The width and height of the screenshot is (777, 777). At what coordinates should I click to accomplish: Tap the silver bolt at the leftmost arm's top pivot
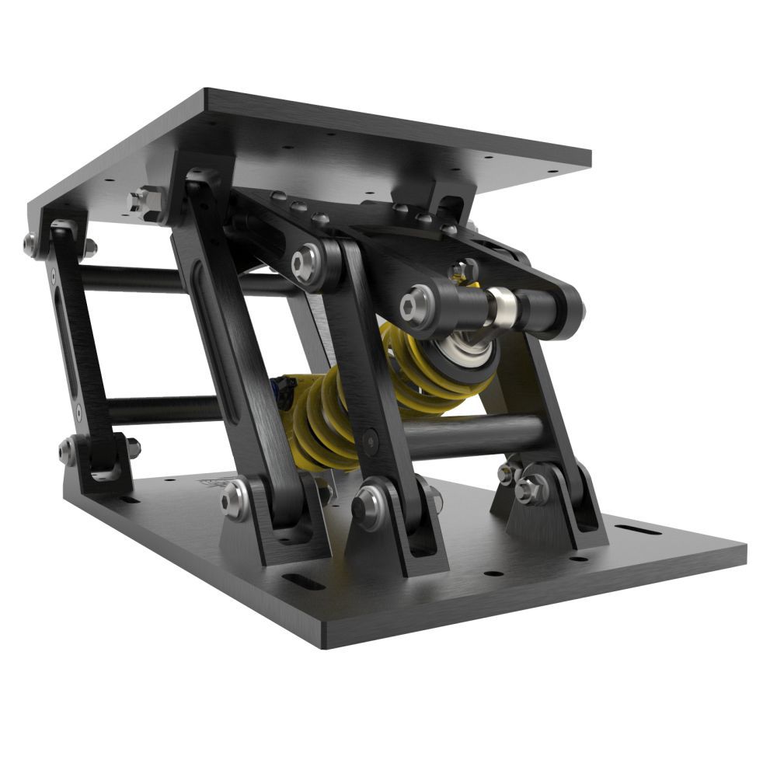(x=31, y=244)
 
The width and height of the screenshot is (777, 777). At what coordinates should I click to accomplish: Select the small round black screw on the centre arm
(x=371, y=441)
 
